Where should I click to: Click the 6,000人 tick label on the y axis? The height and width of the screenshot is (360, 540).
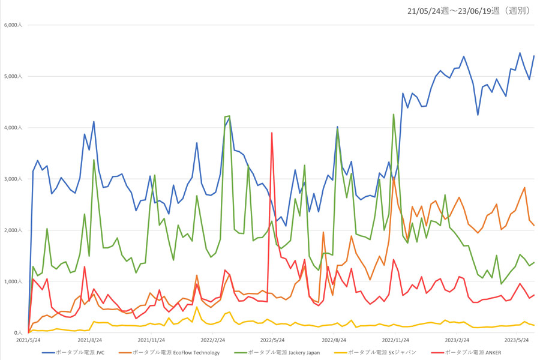click(13, 25)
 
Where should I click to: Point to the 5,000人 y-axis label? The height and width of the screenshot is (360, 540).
click(13, 76)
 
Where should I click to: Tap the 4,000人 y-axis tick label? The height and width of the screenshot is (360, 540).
click(13, 127)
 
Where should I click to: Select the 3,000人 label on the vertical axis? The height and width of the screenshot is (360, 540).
click(13, 179)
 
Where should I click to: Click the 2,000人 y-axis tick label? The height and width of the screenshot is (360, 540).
click(13, 230)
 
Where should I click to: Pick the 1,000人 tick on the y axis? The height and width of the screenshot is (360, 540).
click(13, 281)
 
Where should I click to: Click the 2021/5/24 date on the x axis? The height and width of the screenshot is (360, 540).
click(28, 340)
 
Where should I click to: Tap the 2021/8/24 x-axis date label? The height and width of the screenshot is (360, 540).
click(89, 340)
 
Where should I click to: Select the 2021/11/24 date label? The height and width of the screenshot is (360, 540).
click(151, 340)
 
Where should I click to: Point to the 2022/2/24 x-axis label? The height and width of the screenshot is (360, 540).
click(213, 340)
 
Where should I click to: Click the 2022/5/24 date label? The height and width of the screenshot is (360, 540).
click(272, 340)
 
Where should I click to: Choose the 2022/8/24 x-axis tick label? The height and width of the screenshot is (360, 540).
click(334, 340)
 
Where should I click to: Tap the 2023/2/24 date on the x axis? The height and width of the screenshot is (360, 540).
click(457, 340)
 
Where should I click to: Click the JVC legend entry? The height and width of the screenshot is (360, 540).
click(73, 352)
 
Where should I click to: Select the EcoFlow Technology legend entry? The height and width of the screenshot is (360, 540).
click(169, 352)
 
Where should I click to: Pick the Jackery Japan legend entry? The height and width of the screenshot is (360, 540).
click(277, 352)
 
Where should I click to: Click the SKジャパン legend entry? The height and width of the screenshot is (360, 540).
click(375, 352)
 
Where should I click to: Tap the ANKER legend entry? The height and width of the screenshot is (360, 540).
click(466, 352)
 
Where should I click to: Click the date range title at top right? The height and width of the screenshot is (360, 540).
click(469, 11)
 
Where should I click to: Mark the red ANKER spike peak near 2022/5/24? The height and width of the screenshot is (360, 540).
click(272, 133)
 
